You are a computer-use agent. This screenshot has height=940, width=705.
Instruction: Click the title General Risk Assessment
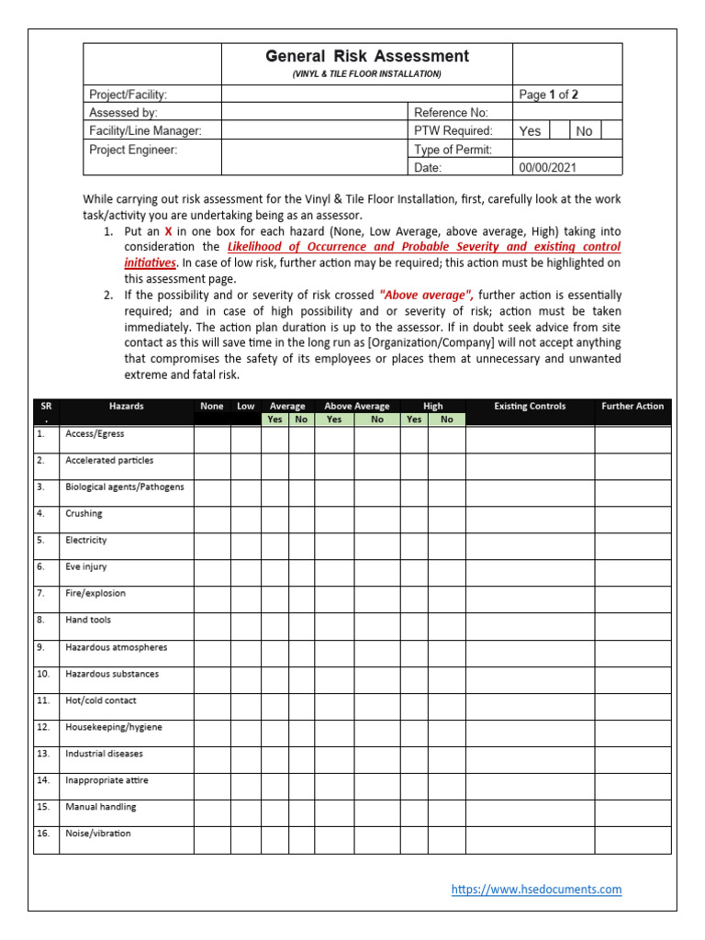[x=366, y=57]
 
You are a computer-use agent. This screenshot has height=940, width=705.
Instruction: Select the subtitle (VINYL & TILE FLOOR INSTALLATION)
[x=366, y=73]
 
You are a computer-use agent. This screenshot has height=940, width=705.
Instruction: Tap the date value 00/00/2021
[x=547, y=167]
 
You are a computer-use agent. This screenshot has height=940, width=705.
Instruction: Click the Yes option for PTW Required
[x=530, y=131]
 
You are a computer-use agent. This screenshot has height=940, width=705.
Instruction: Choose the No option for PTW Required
[x=584, y=131]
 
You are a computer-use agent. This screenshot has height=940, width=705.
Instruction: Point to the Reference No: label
[x=451, y=112]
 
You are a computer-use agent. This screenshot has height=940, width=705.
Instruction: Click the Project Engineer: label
[x=133, y=149]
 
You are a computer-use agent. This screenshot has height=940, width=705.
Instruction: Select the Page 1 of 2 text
[x=548, y=95]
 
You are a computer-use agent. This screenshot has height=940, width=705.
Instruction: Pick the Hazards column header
[x=126, y=406]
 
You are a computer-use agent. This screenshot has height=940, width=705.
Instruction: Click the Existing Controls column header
[x=530, y=406]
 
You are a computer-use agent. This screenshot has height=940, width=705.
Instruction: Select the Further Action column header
[x=632, y=406]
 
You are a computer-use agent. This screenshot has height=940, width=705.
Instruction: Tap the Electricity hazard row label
[x=86, y=541]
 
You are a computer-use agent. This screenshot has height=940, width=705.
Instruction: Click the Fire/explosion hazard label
[x=95, y=594]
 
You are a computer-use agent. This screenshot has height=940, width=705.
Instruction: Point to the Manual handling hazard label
[x=100, y=807]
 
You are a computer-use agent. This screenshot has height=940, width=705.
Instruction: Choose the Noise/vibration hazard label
[x=98, y=834]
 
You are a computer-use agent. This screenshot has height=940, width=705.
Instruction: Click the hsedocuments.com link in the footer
[x=537, y=890]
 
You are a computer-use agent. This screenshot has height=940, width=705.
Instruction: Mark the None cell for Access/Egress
[x=212, y=440]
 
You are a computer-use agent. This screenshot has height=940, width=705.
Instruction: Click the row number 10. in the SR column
[x=44, y=674]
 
